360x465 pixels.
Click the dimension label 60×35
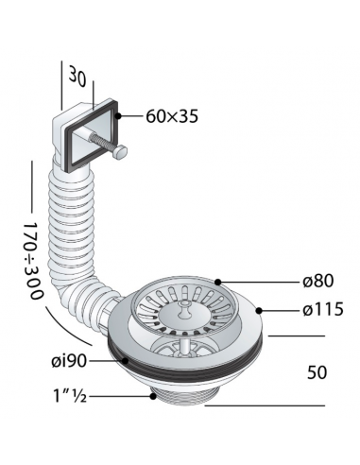click(x=172, y=117)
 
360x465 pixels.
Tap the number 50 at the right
click(x=317, y=372)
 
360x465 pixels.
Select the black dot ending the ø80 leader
click(x=217, y=281)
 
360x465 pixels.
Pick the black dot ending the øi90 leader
click(x=122, y=360)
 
